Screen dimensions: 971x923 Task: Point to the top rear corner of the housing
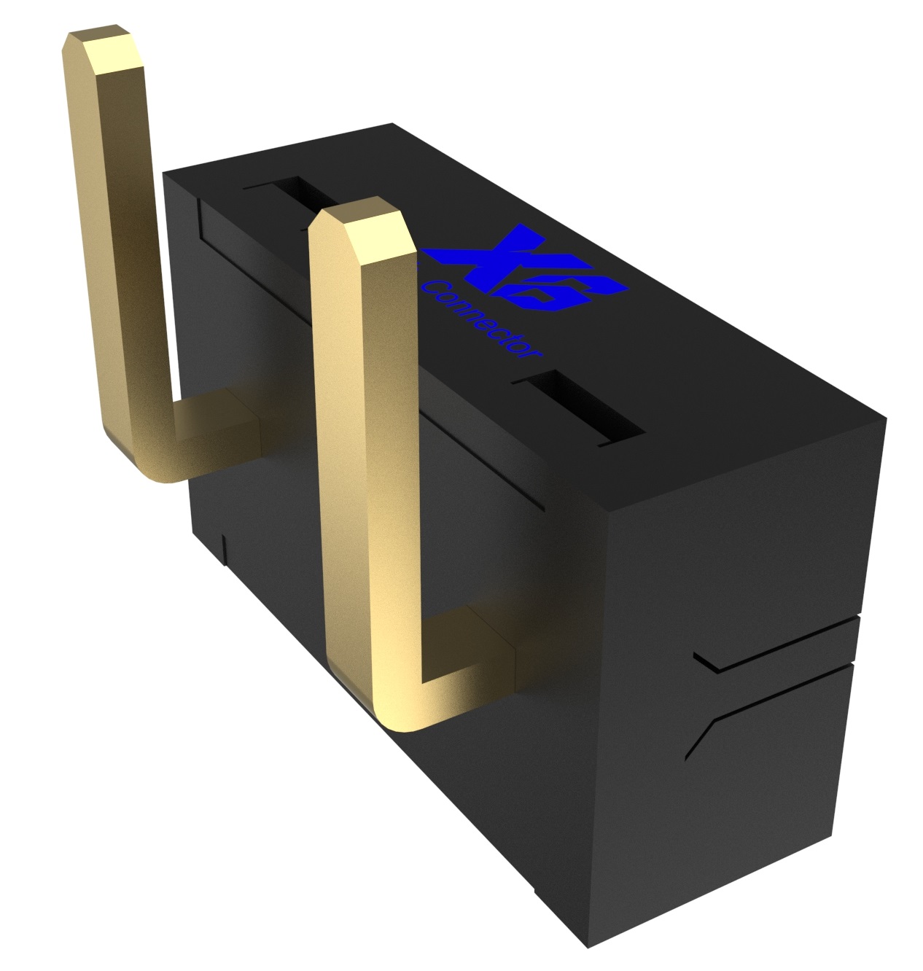click(164, 173)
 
